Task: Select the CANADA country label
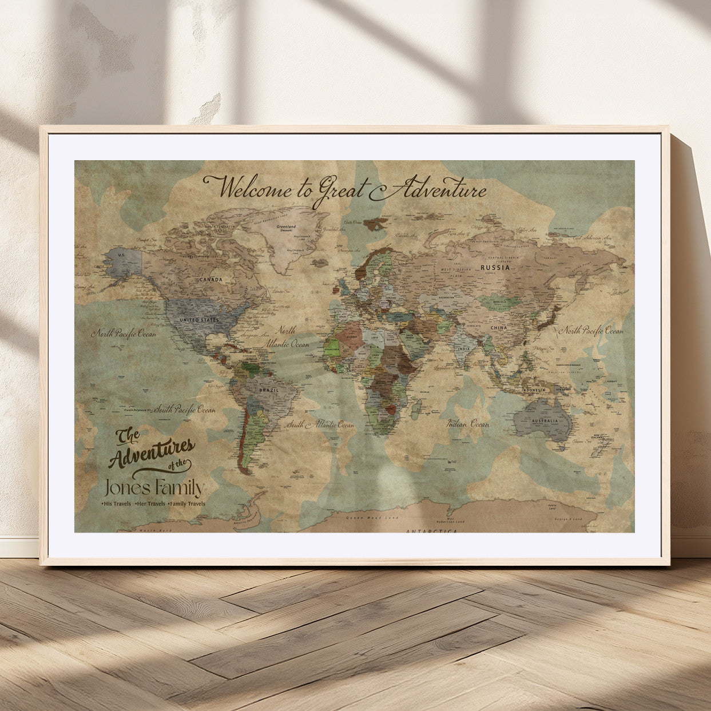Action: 210,280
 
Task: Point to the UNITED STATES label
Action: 199,320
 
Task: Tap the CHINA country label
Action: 498,328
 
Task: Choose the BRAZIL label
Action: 268,390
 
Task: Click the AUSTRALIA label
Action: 545,421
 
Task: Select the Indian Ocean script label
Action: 468,424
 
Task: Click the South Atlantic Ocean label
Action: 320,424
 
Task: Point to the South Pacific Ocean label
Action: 184,409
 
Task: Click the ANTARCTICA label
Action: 431,531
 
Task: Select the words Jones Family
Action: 154,488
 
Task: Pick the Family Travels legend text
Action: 187,504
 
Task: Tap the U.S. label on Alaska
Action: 121,254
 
